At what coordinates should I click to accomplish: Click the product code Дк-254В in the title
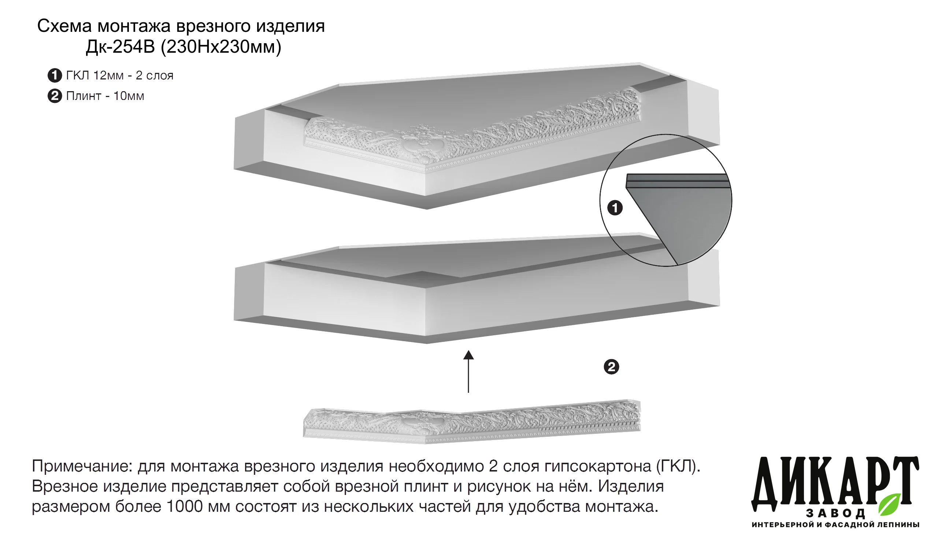click(120, 47)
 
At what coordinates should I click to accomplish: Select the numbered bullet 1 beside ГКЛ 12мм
click(55, 75)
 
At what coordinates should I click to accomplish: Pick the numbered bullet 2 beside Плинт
click(55, 96)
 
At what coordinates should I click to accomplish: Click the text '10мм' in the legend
click(129, 96)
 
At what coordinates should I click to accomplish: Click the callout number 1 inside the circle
click(615, 208)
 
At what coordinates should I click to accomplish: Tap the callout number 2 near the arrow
click(611, 367)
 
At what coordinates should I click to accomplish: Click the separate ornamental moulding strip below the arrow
click(472, 422)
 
